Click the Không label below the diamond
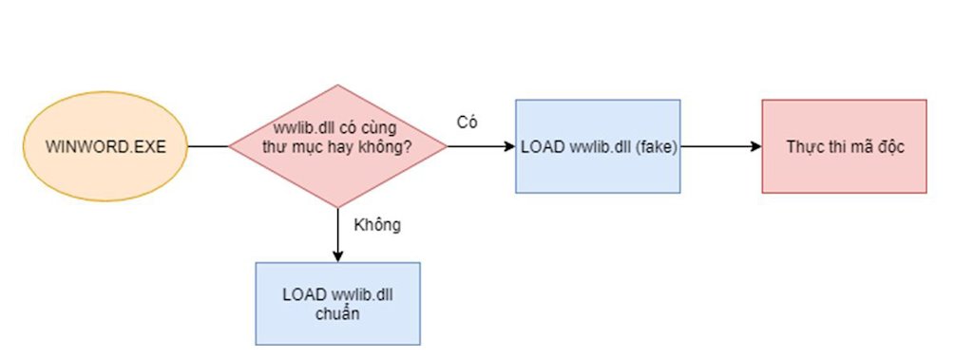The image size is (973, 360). (x=377, y=225)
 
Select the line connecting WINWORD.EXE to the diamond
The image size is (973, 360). (x=208, y=146)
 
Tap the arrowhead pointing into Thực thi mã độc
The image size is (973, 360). (x=757, y=146)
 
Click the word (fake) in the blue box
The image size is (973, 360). (x=655, y=147)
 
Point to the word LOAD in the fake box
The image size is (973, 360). (x=541, y=147)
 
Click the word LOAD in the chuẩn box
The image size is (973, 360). (x=301, y=295)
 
